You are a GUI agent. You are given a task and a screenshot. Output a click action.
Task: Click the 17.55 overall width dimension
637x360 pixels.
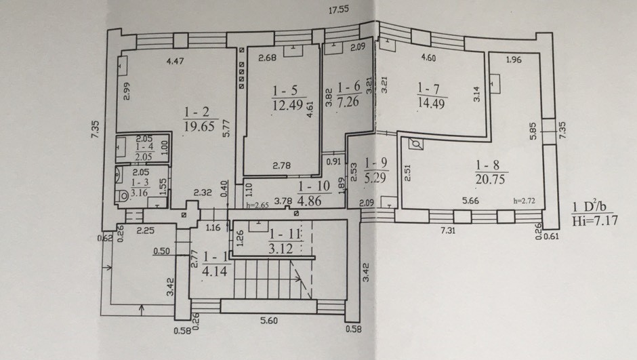pos(338,9)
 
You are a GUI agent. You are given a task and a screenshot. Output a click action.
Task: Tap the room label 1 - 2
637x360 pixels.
pos(197,112)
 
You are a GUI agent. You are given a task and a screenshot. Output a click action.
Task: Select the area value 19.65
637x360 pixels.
pos(199,126)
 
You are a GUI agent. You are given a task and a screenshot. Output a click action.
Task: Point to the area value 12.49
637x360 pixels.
pos(287,105)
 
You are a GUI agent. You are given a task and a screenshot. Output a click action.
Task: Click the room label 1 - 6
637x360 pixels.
pos(349,87)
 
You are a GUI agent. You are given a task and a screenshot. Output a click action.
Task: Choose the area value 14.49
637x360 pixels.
pos(431,103)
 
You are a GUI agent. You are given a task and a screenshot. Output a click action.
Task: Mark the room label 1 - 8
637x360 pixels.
pos(487,165)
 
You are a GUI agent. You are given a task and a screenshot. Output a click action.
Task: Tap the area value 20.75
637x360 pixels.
pos(491,179)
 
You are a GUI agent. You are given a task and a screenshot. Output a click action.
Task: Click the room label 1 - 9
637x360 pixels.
pos(376,163)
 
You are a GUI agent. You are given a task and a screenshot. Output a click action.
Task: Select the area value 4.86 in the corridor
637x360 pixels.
pos(310,201)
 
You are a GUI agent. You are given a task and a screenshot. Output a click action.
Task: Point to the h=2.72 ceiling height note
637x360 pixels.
pos(524,200)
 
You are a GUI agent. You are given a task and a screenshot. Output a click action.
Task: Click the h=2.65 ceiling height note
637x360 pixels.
pos(258,205)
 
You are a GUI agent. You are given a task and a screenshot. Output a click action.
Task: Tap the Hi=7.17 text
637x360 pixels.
pos(595,220)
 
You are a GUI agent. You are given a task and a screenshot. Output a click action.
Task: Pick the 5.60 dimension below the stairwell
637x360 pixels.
pos(269,321)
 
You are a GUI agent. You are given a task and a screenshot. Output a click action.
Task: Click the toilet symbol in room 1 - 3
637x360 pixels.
pos(121,196)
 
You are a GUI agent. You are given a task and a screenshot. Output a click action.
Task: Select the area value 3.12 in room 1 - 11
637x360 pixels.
pos(281,248)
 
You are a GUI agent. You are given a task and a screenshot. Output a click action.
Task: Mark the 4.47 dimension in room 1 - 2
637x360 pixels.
pos(175,61)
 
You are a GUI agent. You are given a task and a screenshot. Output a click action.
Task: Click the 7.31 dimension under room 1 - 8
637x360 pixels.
pos(449,231)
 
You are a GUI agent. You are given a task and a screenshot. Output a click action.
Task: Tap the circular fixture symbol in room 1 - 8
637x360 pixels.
pos(415,144)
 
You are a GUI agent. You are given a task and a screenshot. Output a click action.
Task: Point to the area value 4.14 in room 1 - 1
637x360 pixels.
pos(214,271)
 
